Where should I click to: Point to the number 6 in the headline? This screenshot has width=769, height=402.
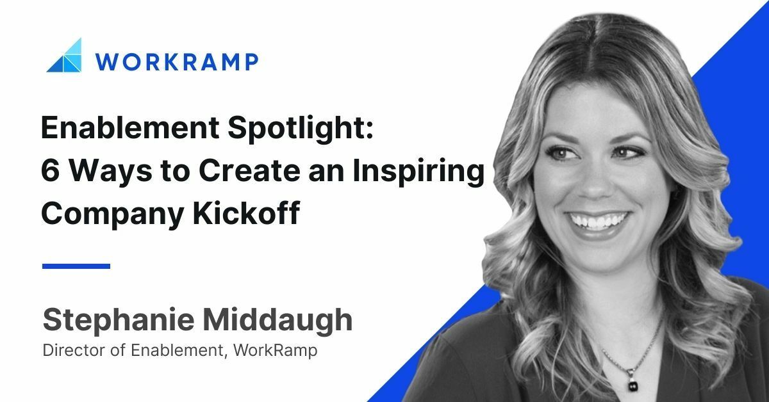pyautogui.click(x=51, y=173)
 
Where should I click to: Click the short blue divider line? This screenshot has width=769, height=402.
pyautogui.click(x=76, y=266)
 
